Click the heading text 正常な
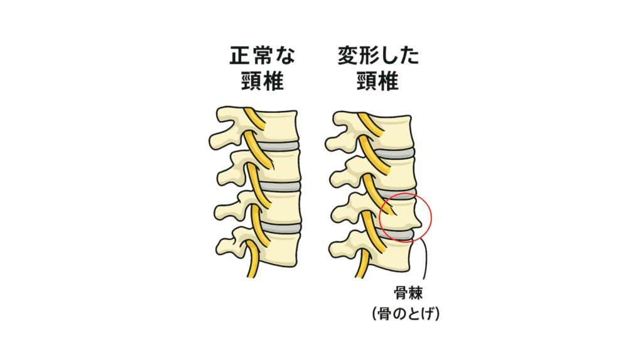tap(262, 56)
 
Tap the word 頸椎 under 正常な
tap(262, 81)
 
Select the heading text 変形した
tap(379, 56)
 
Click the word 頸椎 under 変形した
tap(377, 81)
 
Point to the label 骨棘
tap(408, 293)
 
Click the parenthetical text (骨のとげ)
tap(406, 314)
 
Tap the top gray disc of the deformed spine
tap(394, 154)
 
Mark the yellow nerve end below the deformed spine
tap(360, 275)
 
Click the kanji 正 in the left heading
tap(239, 56)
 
